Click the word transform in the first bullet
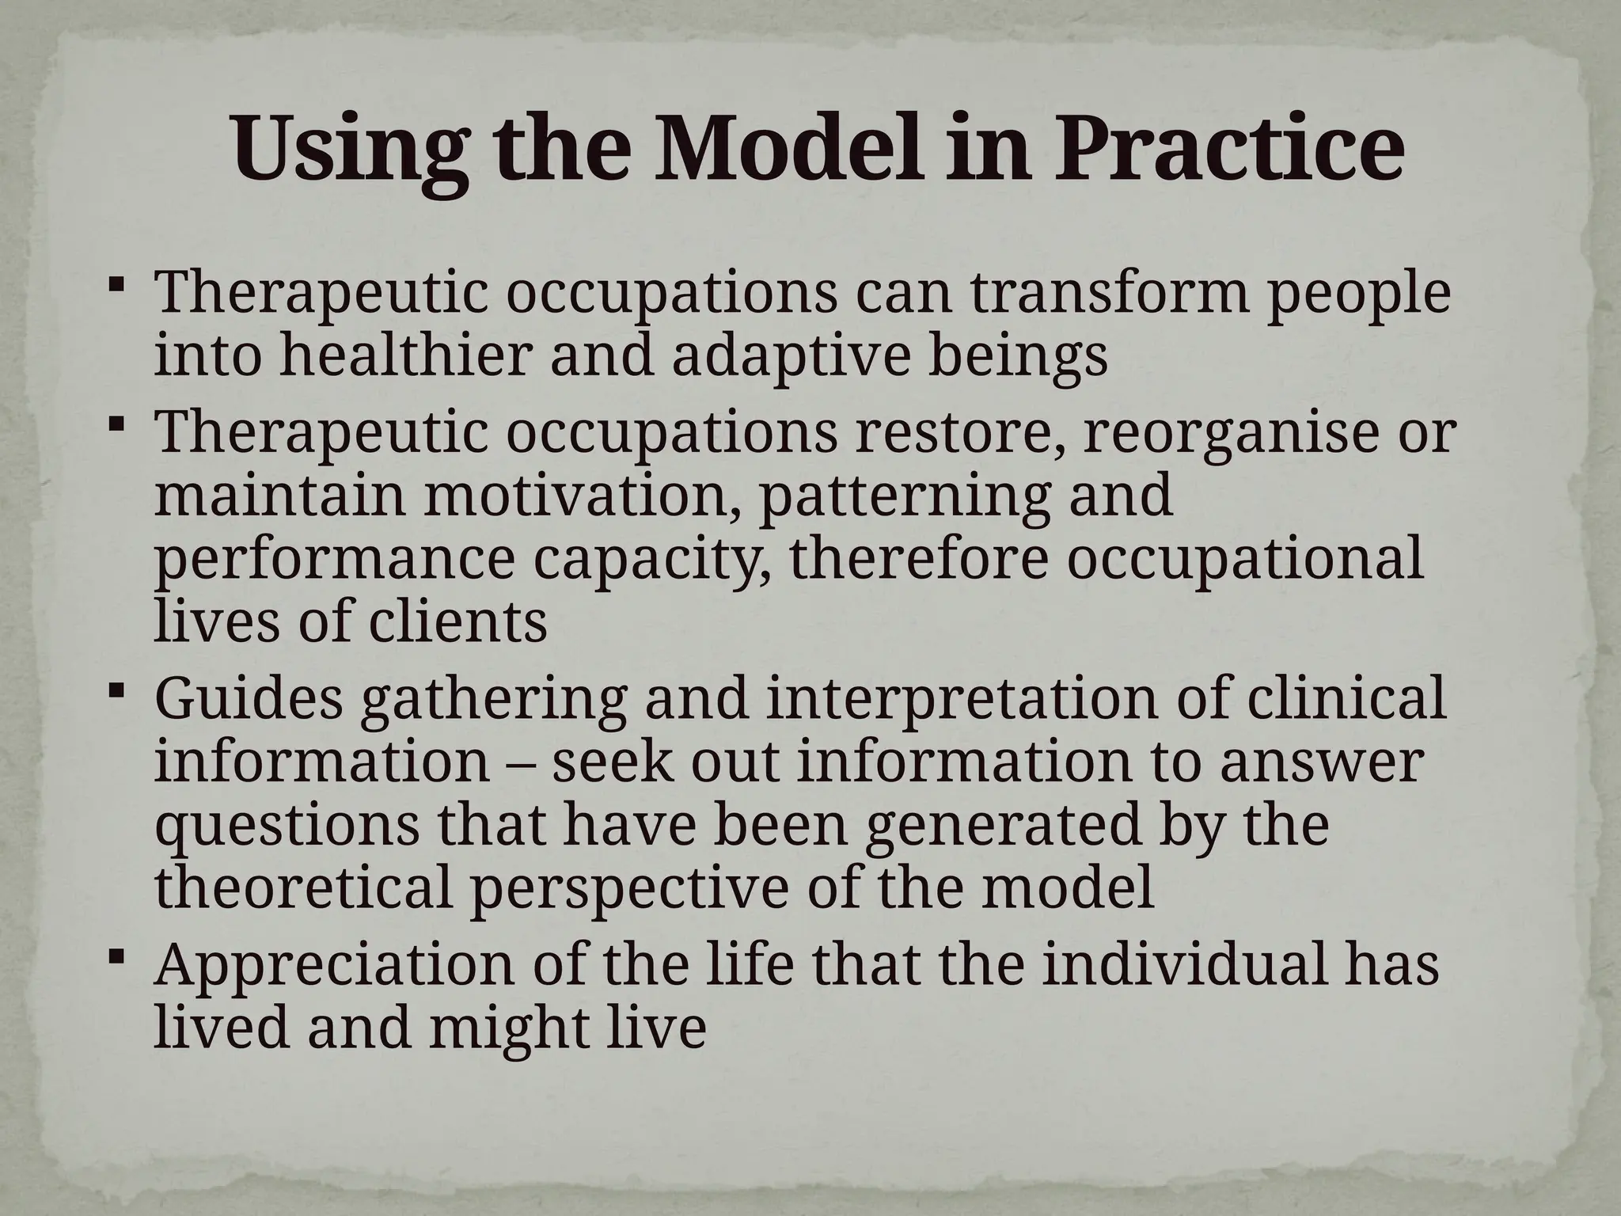pyautogui.click(x=1111, y=294)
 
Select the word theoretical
pyautogui.click(x=304, y=887)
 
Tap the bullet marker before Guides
pyautogui.click(x=116, y=691)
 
